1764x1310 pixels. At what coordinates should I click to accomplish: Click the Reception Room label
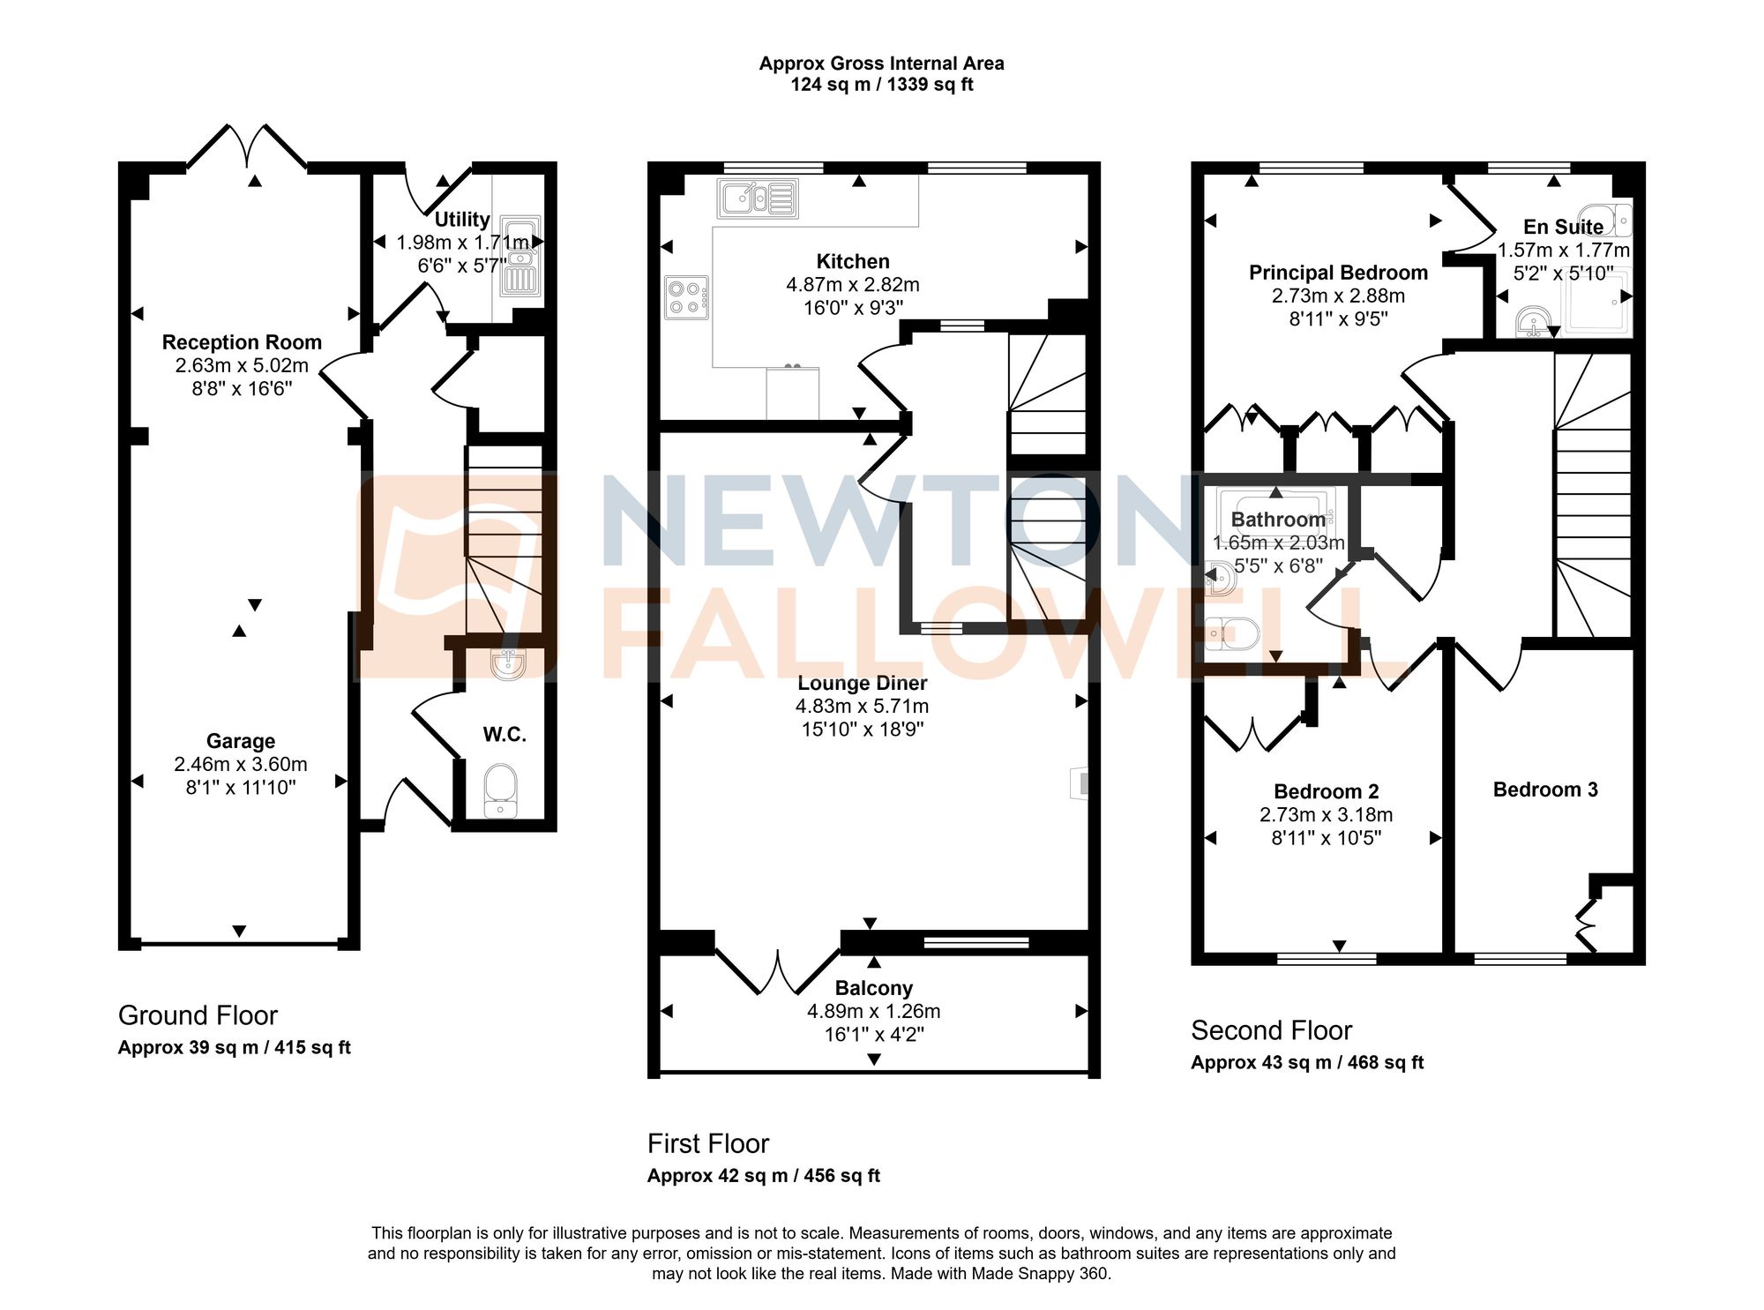click(x=242, y=342)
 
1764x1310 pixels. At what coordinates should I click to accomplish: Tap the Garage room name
click(x=241, y=741)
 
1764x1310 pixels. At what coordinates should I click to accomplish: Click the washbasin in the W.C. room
click(x=508, y=663)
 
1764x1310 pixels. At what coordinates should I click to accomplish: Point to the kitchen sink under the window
click(x=758, y=198)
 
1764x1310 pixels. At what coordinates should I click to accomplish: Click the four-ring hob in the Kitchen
click(x=686, y=297)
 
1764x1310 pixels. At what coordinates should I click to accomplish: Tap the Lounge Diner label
click(x=862, y=683)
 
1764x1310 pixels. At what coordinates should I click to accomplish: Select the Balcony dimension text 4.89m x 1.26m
click(x=873, y=1011)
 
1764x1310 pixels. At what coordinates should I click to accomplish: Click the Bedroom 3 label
click(x=1545, y=790)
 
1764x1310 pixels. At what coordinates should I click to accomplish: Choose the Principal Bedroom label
click(x=1338, y=273)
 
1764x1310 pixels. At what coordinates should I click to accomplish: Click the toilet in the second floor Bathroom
click(x=1233, y=633)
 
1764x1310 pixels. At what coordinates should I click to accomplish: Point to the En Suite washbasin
click(x=1534, y=322)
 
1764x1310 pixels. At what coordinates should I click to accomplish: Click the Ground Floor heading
click(x=198, y=1015)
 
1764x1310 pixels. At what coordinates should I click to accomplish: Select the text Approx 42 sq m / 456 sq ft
click(x=763, y=1175)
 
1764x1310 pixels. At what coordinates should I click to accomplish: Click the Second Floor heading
click(x=1271, y=1030)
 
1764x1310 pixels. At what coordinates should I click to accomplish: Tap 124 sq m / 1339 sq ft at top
click(x=881, y=85)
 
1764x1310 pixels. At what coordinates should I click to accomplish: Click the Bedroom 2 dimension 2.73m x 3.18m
click(x=1326, y=814)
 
